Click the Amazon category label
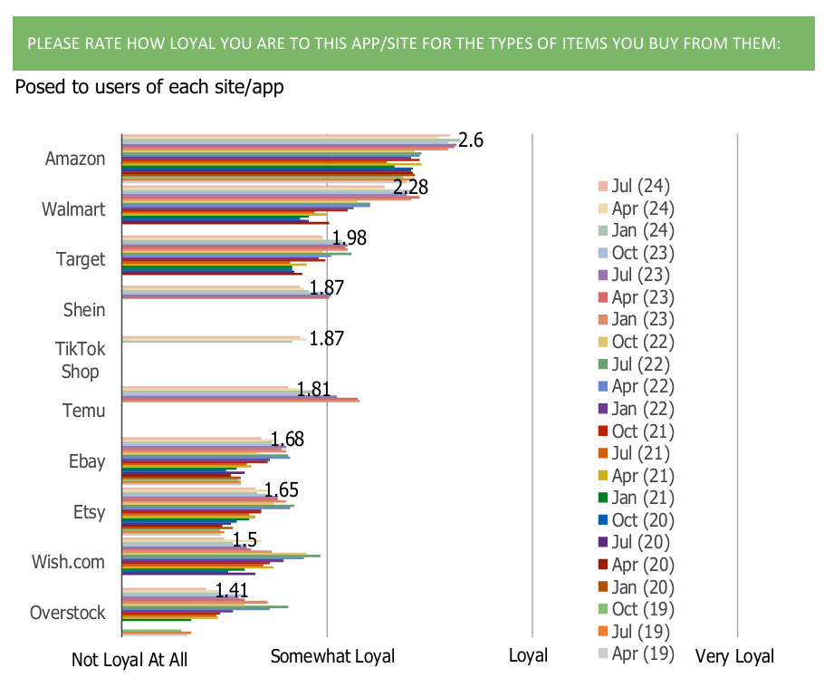pos(75,159)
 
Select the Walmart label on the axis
pos(73,209)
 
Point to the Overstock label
pos(68,613)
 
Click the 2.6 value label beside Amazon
pos(471,140)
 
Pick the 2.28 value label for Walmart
pos(410,188)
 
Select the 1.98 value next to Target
pos(349,238)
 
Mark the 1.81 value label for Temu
pos(313,390)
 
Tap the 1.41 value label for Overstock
pos(234,592)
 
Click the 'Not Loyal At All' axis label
pos(129,660)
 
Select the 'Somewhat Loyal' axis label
pos(333,656)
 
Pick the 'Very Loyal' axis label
pos(734,656)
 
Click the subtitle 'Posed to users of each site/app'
pos(149,88)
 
